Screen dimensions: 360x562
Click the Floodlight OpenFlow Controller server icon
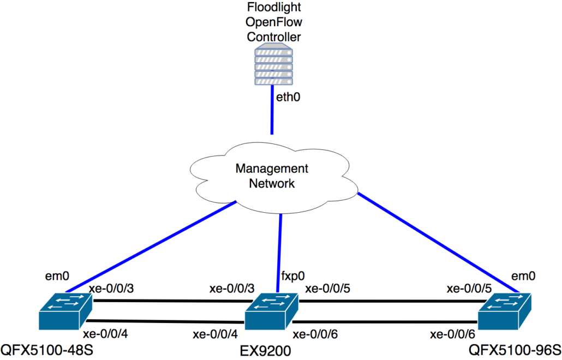[x=273, y=65]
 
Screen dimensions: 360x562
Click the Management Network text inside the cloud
[x=272, y=176]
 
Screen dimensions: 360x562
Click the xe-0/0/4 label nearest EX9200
[x=215, y=333]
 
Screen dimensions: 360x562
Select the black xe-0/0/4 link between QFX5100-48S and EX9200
[x=164, y=322]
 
